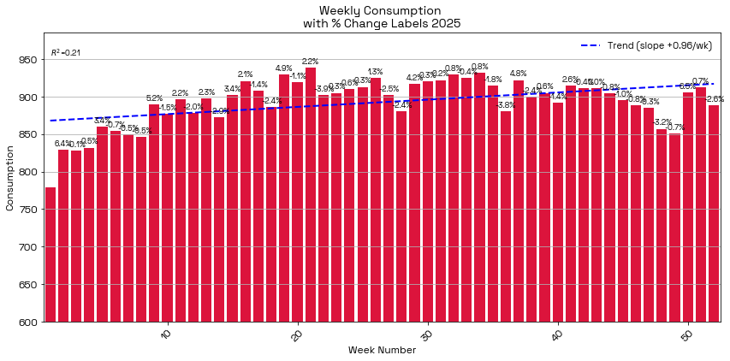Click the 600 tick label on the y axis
click(29, 323)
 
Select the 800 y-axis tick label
click(29, 172)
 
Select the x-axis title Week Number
click(382, 350)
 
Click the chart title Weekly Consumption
click(382, 10)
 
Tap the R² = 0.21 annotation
click(66, 53)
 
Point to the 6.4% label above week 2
click(62, 143)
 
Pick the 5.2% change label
click(154, 98)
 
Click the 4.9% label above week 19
click(284, 68)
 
